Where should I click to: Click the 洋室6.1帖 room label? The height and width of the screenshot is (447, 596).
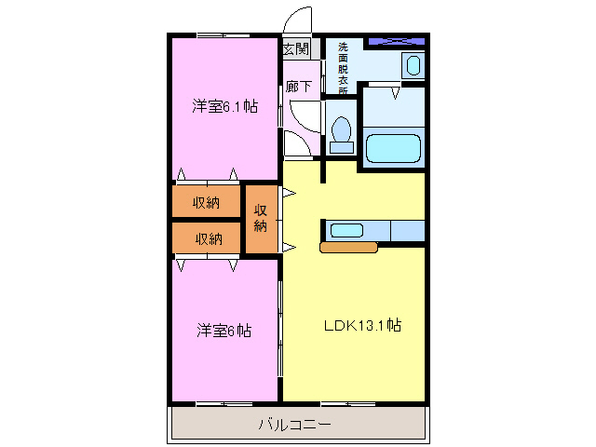tap(224, 106)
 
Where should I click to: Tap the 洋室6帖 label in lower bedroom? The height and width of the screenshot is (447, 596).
tap(224, 331)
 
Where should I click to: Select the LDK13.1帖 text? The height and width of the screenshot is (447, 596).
tap(362, 326)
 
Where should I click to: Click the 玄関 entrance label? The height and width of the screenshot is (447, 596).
tap(296, 48)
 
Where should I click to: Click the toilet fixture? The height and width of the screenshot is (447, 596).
tap(341, 132)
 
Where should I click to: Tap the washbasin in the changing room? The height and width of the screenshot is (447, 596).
tap(412, 65)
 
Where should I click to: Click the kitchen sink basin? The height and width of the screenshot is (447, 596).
tap(346, 230)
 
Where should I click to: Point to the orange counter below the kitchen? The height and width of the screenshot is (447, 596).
tap(348, 248)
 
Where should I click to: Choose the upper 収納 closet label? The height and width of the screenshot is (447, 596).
tap(206, 202)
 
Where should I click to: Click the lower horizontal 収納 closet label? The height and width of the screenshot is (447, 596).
tap(208, 238)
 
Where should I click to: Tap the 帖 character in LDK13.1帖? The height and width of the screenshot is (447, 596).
tap(395, 326)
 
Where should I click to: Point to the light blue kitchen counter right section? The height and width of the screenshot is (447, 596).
tap(408, 230)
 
